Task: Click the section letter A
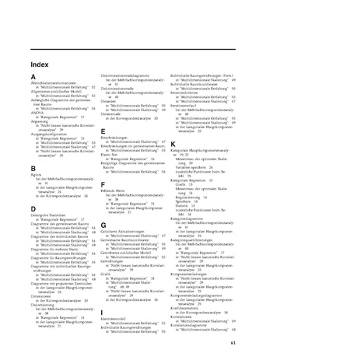(x=33, y=76)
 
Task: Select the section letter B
(x=33, y=168)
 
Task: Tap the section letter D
(x=33, y=209)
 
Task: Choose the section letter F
(x=103, y=183)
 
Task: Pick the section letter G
(x=103, y=225)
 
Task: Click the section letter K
(x=173, y=144)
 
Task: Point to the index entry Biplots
(x=37, y=176)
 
